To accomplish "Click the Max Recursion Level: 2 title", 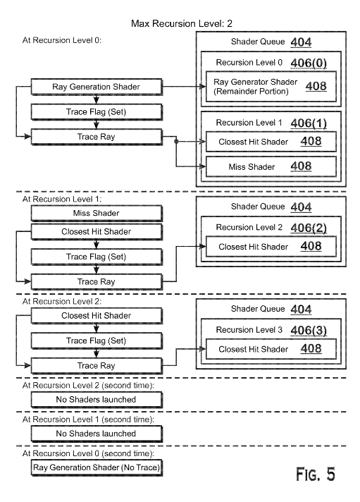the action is [182, 23].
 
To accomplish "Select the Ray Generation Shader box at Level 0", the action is [97, 87].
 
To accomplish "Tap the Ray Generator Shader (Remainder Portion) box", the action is [271, 87].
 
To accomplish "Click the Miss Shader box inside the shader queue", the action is [271, 166].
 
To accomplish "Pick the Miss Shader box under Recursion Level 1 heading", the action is [97, 213].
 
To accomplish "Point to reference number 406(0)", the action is [309, 63].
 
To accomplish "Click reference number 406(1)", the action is [309, 123].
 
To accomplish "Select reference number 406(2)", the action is [309, 228].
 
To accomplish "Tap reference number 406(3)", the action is [309, 330].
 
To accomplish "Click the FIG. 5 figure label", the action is [316, 474].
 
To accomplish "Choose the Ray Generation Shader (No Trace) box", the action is [97, 467].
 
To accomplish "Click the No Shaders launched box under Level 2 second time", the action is [97, 400].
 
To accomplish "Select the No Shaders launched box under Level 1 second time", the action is [97, 434].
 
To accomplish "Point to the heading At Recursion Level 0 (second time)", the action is [88, 453].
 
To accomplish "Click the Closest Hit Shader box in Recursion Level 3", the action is [271, 349].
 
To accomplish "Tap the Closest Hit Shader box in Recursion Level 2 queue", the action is [271, 247].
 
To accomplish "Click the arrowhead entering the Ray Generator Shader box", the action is [202, 87].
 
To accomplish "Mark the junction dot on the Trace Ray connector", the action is [175, 141].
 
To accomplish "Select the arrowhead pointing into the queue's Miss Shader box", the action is [202, 166].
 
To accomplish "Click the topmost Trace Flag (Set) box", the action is [97, 111].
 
